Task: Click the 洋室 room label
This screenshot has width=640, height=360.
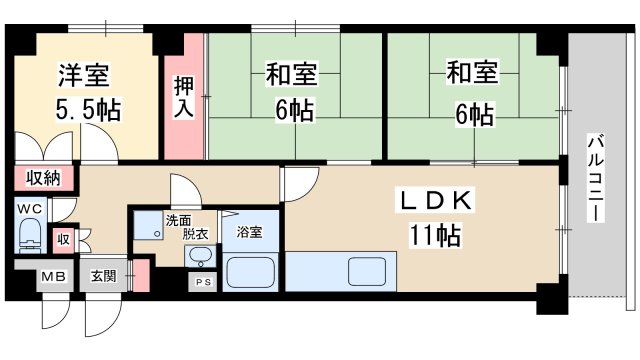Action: point(83,75)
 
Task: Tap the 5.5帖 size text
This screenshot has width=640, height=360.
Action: point(89,109)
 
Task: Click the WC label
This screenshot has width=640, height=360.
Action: point(29,209)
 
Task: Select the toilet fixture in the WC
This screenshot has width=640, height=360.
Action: point(29,240)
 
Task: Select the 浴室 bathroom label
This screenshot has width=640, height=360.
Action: point(250,232)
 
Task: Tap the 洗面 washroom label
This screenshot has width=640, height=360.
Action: point(180,219)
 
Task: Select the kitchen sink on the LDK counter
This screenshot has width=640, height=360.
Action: point(370,271)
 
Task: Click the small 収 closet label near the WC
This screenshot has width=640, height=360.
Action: point(63,240)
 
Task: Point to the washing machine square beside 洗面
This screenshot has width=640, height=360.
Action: point(149,226)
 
